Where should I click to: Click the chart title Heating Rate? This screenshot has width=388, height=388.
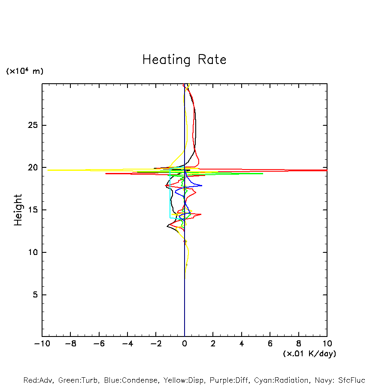[x=184, y=60]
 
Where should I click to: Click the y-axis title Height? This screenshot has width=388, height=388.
[x=18, y=210]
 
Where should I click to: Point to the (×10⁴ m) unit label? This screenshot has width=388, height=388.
[x=24, y=71]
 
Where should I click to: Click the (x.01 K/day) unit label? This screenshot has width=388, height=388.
[x=309, y=354]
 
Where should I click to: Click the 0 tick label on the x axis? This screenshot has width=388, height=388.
[x=185, y=343]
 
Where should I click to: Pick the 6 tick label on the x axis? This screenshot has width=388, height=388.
[x=270, y=343]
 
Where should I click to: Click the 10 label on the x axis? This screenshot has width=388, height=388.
[x=327, y=343]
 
